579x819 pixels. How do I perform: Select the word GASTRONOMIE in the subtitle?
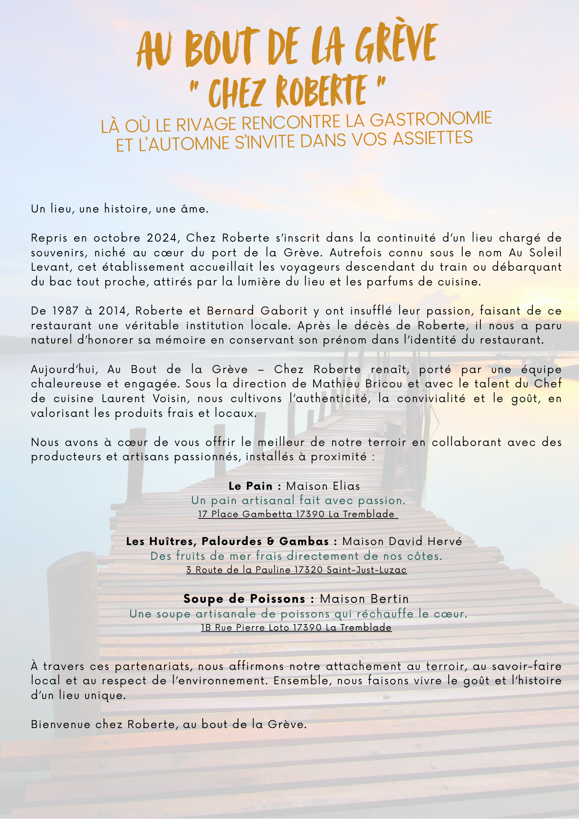(431, 119)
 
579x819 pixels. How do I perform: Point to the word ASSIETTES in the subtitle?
(433, 138)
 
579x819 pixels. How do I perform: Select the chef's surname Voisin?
(170, 399)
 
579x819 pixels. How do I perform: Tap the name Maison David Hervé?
(402, 541)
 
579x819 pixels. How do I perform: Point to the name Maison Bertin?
(364, 599)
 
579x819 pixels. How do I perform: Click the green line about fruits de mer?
(296, 556)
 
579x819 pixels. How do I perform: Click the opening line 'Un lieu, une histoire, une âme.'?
(120, 209)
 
